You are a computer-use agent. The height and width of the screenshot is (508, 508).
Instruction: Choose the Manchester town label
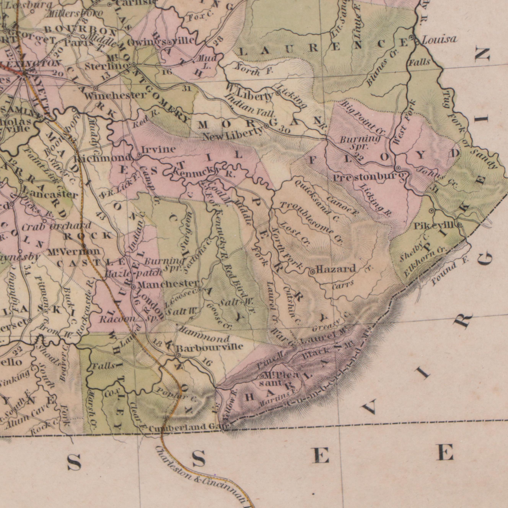coord(168,284)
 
